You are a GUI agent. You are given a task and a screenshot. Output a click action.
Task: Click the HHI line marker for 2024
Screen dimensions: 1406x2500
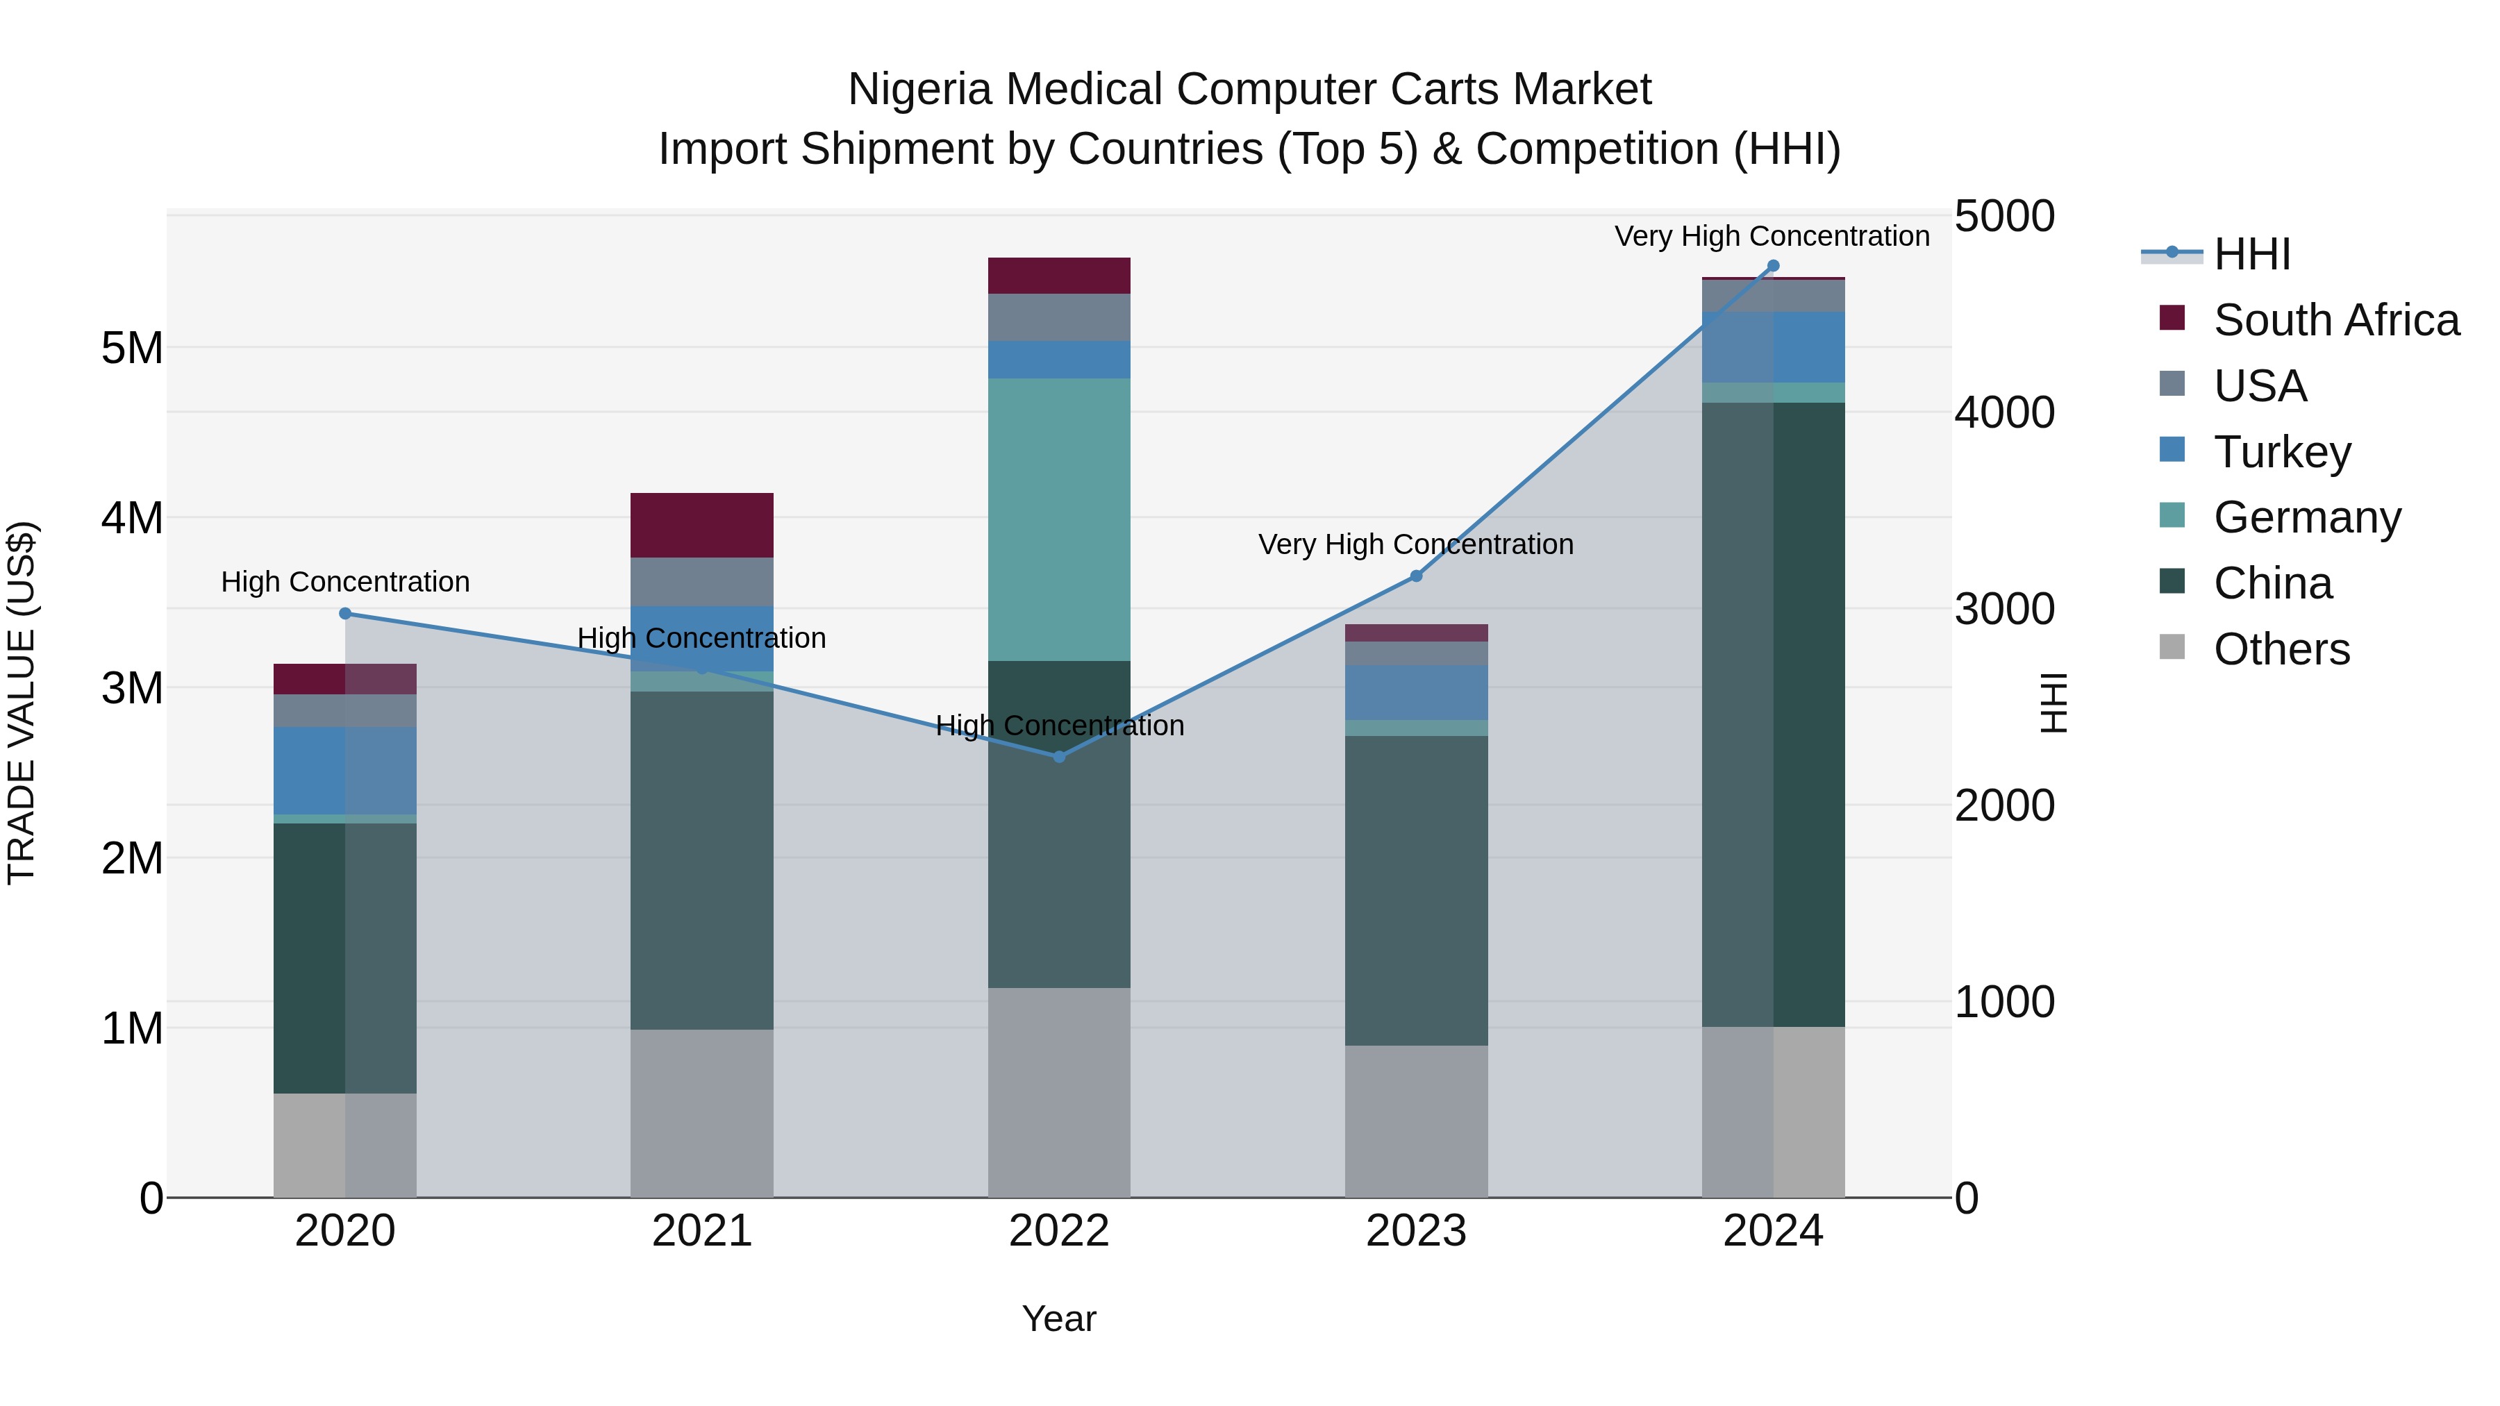click(1772, 266)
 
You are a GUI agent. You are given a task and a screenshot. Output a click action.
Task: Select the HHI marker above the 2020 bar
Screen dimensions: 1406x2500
click(346, 613)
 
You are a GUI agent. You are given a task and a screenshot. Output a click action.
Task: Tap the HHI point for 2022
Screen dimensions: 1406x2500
click(1059, 757)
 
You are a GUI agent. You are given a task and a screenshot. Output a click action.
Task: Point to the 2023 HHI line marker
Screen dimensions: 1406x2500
click(1416, 576)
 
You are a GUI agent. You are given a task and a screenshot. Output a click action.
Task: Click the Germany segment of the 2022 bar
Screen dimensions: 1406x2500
click(1059, 519)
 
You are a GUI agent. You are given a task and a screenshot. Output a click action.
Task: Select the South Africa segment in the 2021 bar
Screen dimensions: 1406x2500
click(701, 525)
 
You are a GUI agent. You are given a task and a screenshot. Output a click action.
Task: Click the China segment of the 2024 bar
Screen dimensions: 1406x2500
click(1772, 714)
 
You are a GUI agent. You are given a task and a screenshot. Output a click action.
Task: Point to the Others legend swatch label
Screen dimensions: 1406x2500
click(2281, 649)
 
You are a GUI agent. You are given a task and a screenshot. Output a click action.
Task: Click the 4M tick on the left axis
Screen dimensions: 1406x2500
click(133, 518)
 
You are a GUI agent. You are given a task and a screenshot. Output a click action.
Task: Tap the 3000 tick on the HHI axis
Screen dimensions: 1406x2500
click(2004, 610)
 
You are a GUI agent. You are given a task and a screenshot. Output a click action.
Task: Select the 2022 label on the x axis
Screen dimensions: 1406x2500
click(1059, 1231)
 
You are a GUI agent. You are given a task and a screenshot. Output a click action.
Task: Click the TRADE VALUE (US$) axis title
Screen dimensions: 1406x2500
click(22, 703)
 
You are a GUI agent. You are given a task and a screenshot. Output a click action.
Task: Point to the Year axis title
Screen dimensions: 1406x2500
click(1059, 1319)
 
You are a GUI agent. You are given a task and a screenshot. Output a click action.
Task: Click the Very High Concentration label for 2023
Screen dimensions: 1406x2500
click(1415, 544)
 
